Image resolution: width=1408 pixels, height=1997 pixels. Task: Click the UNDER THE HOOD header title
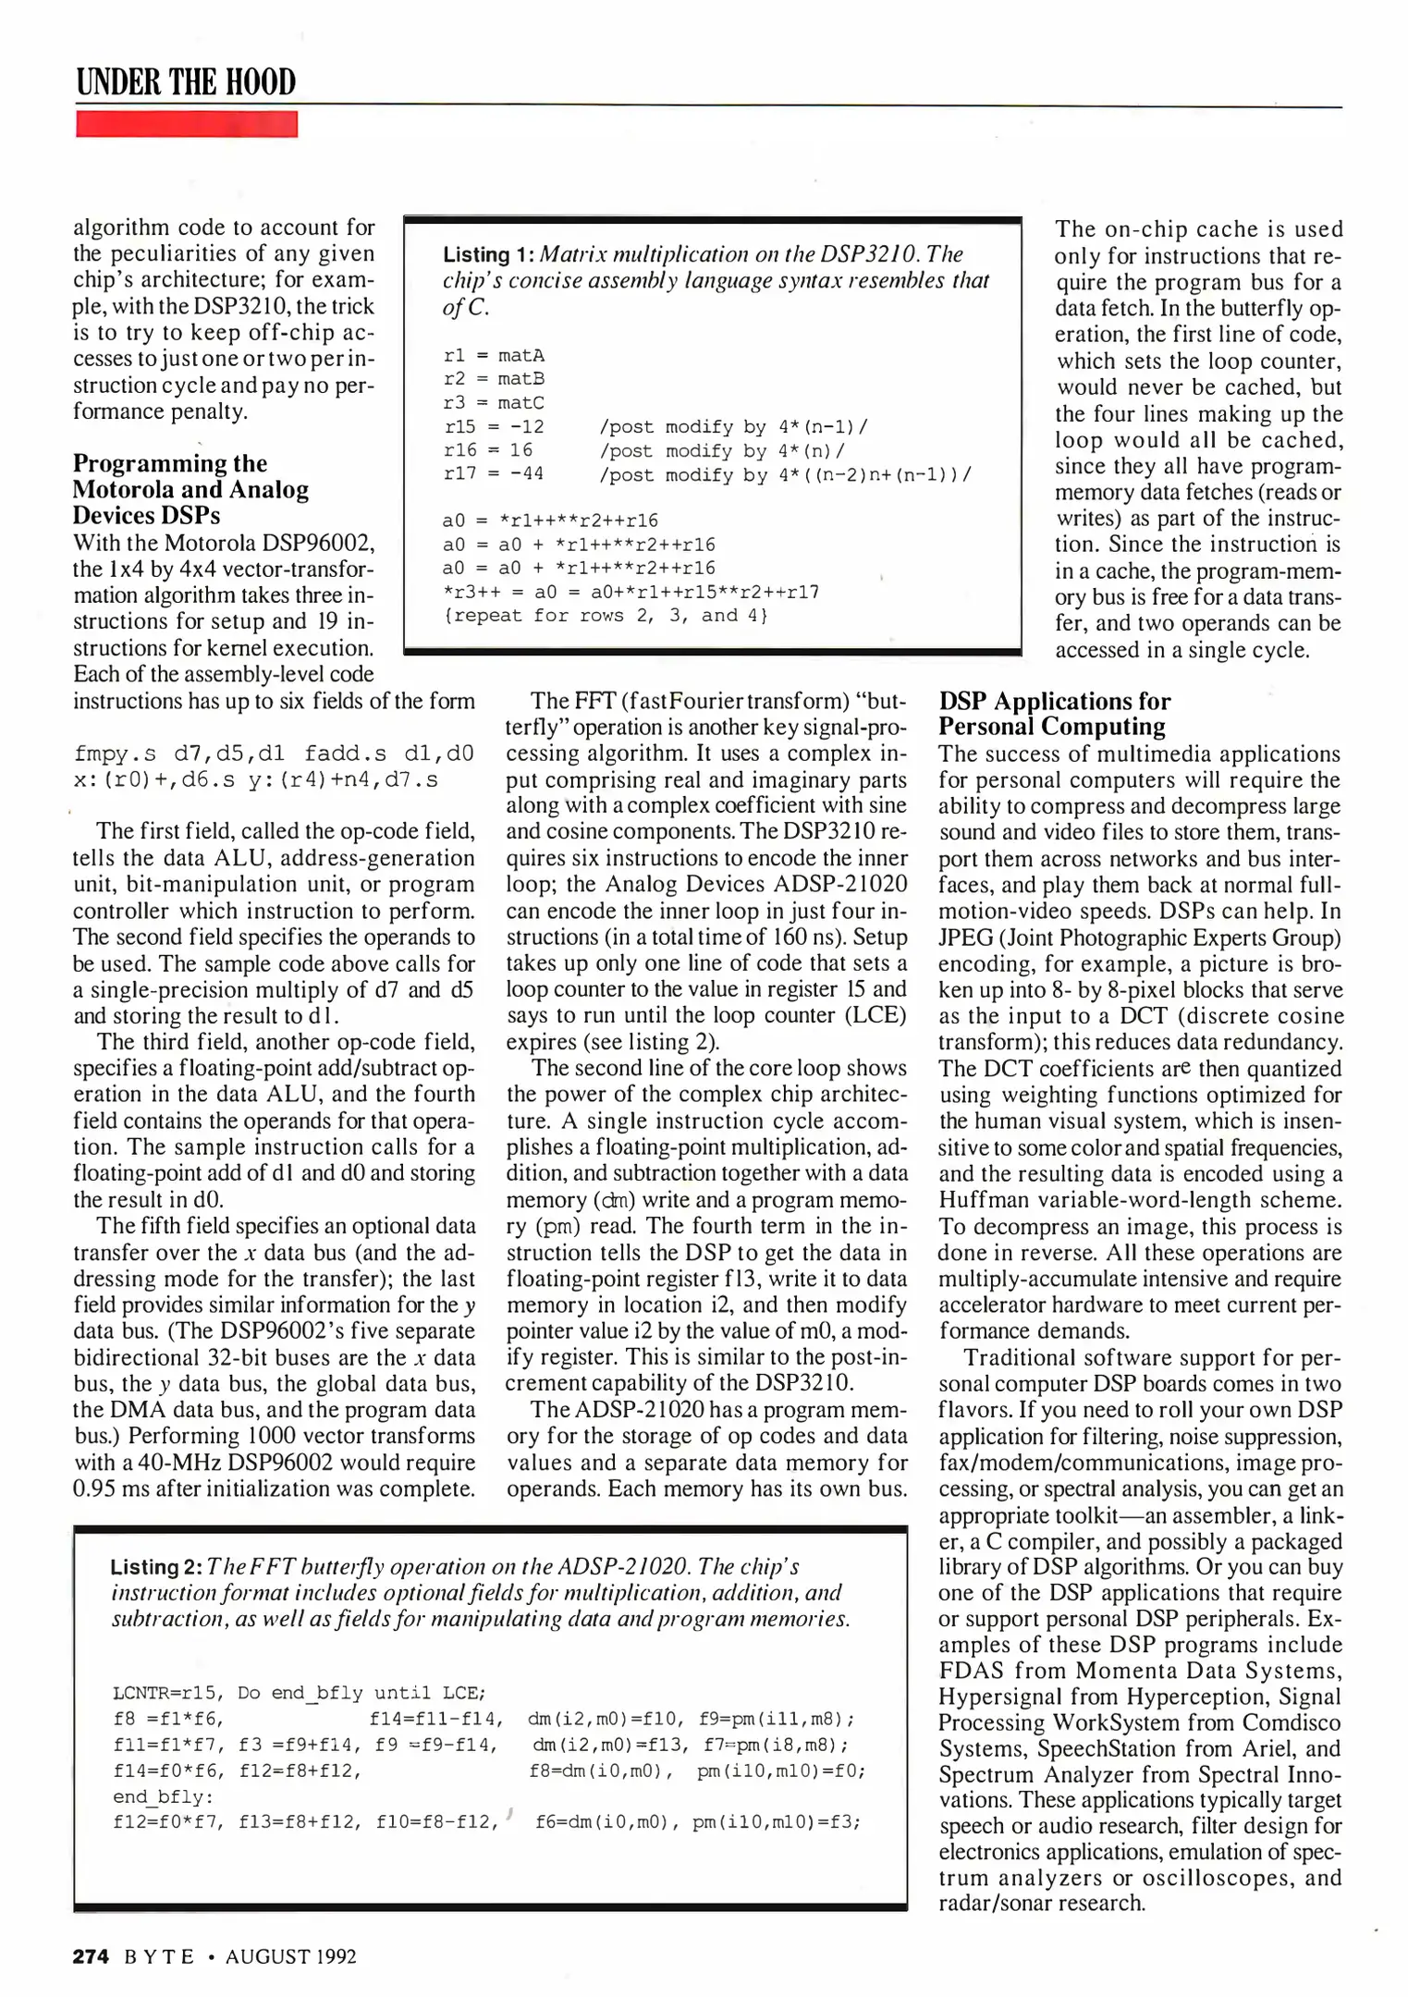pyautogui.click(x=186, y=82)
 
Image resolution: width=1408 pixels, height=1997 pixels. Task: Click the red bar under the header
pyautogui.click(x=186, y=124)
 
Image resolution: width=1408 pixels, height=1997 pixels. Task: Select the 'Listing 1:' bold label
pyautogui.click(x=488, y=255)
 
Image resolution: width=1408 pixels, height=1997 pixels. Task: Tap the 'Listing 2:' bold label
pyautogui.click(x=155, y=1567)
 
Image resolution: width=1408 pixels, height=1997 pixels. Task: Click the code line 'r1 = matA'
pyautogui.click(x=494, y=355)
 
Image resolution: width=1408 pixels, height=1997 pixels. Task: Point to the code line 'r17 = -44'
pyautogui.click(x=494, y=474)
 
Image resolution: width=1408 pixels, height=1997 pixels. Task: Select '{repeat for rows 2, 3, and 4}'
pyautogui.click(x=606, y=616)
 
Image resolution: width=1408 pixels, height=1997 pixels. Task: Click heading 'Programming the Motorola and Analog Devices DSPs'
pyautogui.click(x=190, y=489)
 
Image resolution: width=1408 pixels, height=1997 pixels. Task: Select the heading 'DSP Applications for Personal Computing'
pyautogui.click(x=1054, y=714)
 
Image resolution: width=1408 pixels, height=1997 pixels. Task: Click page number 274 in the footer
pyautogui.click(x=91, y=1956)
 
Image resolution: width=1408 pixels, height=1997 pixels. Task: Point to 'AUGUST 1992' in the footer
pyautogui.click(x=290, y=1956)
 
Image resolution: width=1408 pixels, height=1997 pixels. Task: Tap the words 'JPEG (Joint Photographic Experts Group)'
pyautogui.click(x=1139, y=937)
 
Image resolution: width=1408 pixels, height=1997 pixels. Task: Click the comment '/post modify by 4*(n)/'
pyautogui.click(x=722, y=450)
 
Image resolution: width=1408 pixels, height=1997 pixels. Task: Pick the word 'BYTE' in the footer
pyautogui.click(x=159, y=1956)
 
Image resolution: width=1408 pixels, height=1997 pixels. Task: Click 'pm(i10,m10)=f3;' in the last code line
pyautogui.click(x=777, y=1822)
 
